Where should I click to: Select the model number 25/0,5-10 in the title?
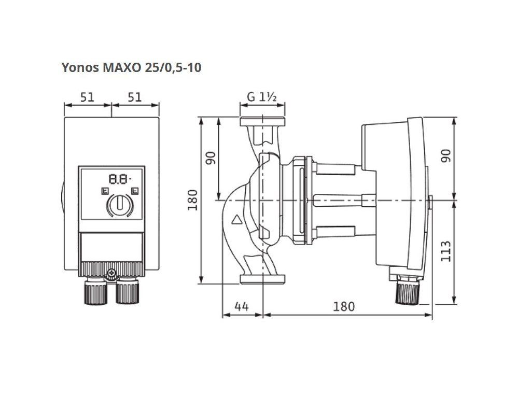click(x=173, y=67)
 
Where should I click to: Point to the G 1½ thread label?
click(x=262, y=97)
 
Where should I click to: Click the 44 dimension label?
click(x=242, y=306)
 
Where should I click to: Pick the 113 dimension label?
click(x=446, y=251)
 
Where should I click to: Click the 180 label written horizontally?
click(x=344, y=306)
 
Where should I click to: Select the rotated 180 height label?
click(x=193, y=200)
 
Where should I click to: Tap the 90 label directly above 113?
click(x=446, y=155)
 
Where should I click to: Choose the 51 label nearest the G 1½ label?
click(x=135, y=97)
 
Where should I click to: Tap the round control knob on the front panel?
click(x=120, y=204)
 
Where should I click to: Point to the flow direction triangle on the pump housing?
click(x=236, y=220)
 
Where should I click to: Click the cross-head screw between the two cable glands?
click(x=111, y=273)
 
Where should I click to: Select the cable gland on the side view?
click(x=408, y=289)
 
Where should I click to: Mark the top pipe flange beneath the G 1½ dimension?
click(x=262, y=121)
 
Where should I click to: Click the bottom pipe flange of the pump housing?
click(x=262, y=279)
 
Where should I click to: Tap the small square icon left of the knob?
click(x=105, y=191)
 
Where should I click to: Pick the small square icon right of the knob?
click(x=135, y=191)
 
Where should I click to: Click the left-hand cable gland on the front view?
click(x=95, y=290)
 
